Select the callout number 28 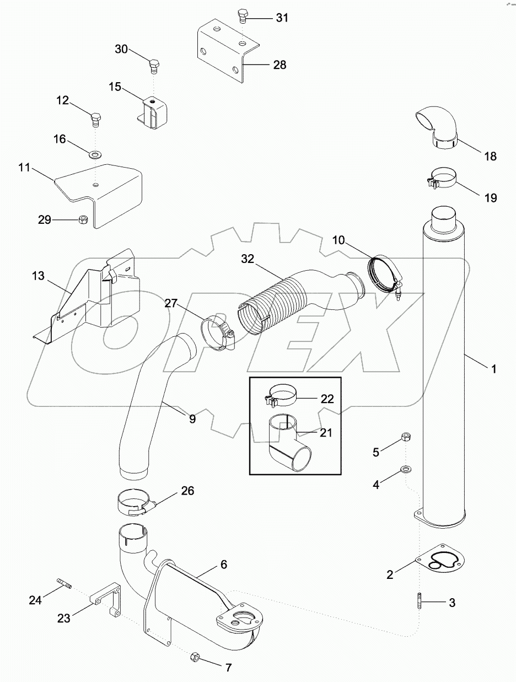point(279,65)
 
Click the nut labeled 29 point(82,219)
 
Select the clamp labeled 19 point(442,179)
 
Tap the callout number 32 point(248,259)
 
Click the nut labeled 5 point(405,438)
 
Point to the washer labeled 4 point(405,470)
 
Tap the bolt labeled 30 point(154,66)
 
